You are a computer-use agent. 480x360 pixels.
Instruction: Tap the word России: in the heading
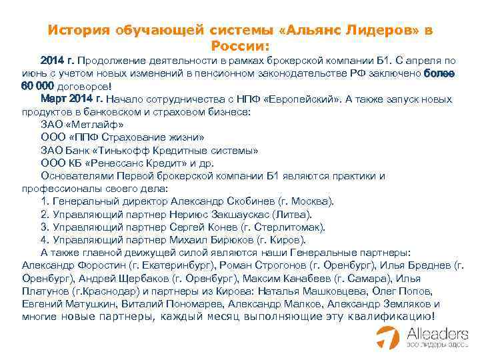239,45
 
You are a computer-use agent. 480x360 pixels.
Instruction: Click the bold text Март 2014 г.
71,99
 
